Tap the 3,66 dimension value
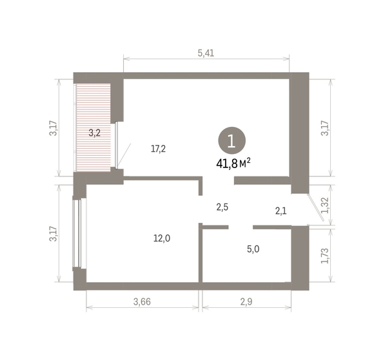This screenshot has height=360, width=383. point(142,301)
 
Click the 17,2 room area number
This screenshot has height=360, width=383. point(159,149)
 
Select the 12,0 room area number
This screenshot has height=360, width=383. point(162,238)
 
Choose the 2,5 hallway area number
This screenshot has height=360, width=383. point(222,207)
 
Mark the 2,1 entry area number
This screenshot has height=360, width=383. point(281,210)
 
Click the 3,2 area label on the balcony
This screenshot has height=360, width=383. point(95,133)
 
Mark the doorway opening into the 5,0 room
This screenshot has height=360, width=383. point(241,227)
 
